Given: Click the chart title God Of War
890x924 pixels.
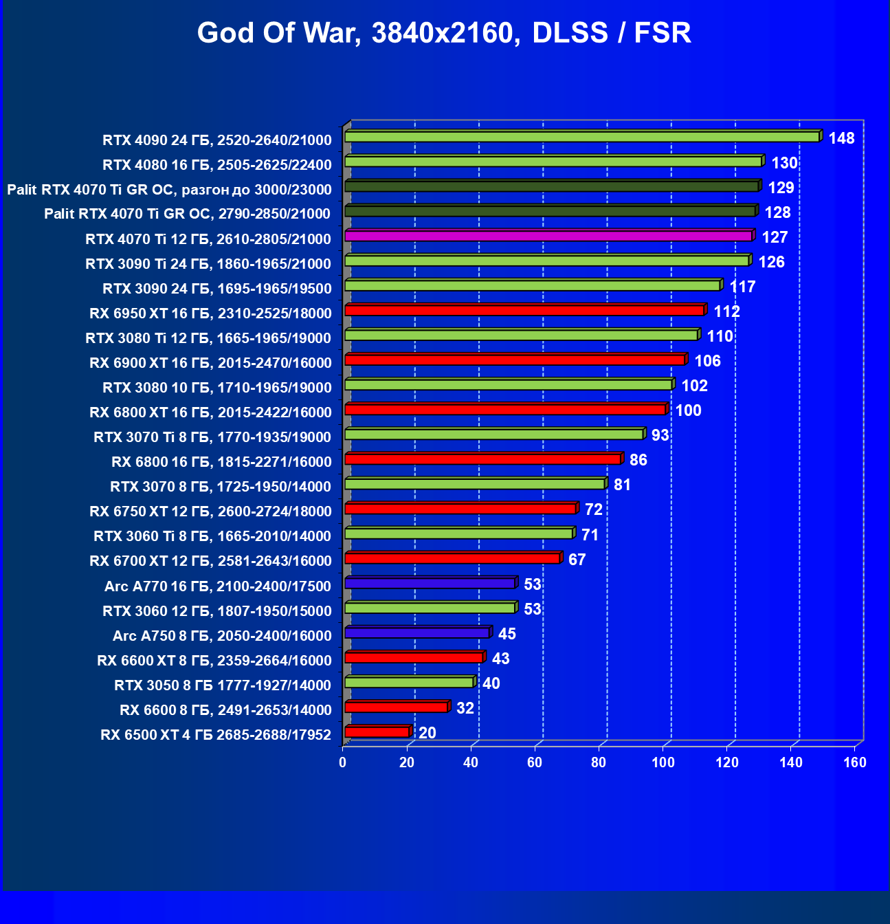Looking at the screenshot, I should coord(444,33).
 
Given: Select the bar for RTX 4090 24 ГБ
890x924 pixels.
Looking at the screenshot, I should coord(581,137).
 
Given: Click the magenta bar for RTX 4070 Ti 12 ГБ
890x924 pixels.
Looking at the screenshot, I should coord(548,236).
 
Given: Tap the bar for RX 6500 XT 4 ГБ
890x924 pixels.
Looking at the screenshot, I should coord(377,732).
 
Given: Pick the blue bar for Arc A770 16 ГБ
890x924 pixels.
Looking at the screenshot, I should coord(430,584).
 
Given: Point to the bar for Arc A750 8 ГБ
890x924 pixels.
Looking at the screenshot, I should coord(416,633).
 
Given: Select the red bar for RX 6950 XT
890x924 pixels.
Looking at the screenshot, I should coord(524,311).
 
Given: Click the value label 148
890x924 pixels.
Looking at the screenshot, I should coord(841,138).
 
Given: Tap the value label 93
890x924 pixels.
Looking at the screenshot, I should coord(660,435).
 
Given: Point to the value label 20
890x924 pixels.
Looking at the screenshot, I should coord(427,733).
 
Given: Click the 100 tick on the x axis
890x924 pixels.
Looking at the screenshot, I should coord(663,762).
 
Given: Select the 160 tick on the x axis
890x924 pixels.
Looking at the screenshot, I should coord(855,762).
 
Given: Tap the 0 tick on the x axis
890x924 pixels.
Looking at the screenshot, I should coord(343,762).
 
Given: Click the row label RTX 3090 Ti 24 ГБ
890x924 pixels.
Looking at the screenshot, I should coord(208,263).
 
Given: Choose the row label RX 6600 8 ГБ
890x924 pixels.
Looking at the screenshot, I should coord(225,709).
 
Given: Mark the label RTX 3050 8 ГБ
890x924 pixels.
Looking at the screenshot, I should coord(222,685).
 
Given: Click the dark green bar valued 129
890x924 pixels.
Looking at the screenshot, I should coord(551,186).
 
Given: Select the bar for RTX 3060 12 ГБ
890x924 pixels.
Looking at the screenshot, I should coord(430,608).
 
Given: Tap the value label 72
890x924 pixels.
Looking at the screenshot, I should coord(593,509).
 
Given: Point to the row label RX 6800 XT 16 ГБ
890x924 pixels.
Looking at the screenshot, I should coord(210,412).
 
